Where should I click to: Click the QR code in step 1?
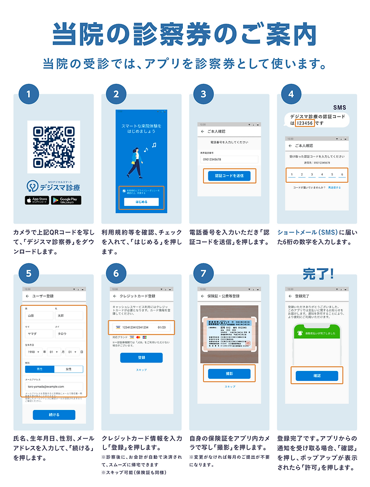(x=53, y=147)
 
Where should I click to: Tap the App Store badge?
(x=37, y=200)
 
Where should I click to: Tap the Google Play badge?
(x=66, y=200)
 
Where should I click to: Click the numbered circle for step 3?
(x=204, y=94)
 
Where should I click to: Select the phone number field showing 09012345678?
(x=229, y=160)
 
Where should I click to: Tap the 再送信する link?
(x=334, y=188)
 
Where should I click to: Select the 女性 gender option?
(x=68, y=369)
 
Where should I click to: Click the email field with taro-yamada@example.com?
(x=53, y=386)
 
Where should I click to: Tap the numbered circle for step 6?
(x=116, y=273)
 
